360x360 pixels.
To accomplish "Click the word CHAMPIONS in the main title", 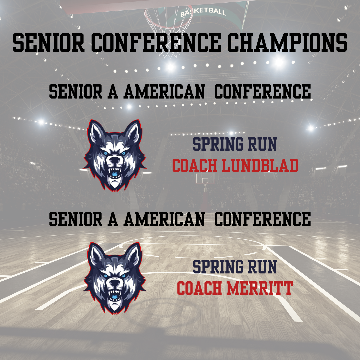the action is coord(287,43).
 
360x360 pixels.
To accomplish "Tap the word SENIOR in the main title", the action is coord(48,43).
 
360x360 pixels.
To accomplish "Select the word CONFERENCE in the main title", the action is coord(156,43).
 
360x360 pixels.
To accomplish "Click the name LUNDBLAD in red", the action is coord(260,165).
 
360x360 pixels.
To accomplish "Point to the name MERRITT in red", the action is coord(260,288).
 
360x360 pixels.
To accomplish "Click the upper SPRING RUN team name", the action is coord(235,144).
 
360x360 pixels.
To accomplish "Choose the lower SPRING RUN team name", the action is coord(235,267).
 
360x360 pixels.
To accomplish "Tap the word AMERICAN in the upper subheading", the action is coord(164,91).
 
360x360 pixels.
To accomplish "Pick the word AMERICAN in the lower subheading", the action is coord(164,219).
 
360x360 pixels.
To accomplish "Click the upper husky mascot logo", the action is coord(115,155).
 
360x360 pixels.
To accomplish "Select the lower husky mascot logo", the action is coord(115,278).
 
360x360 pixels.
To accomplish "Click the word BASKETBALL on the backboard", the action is coord(203,12).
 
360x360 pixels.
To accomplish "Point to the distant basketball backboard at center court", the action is coord(205,178).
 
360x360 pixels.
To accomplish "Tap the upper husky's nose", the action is coord(114,159).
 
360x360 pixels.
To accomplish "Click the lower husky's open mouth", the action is coord(115,295).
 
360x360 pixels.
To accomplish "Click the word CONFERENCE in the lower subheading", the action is coord(262,219).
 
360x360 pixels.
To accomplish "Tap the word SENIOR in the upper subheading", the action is coord(76,91).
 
